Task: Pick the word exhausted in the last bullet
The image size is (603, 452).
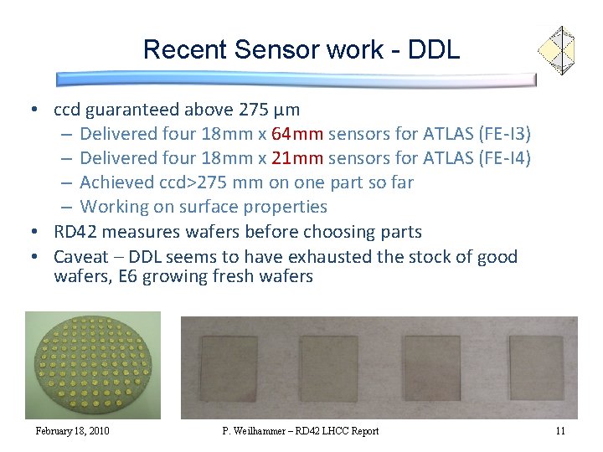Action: point(333,257)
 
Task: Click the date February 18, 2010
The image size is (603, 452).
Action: point(72,431)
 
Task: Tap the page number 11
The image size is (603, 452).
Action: point(560,431)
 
